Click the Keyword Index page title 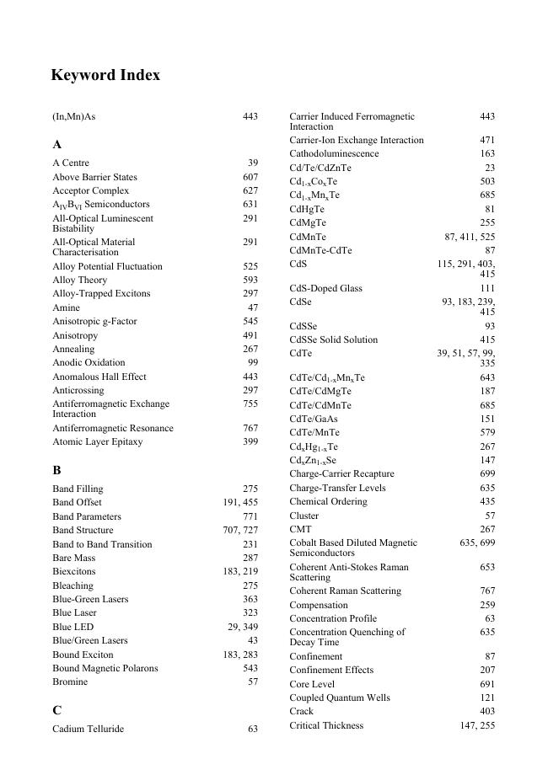(105, 76)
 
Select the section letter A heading (56, 145)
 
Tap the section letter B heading (56, 471)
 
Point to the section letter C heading (56, 711)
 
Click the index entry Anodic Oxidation (89, 363)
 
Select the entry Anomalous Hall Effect (99, 377)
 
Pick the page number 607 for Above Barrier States (250, 177)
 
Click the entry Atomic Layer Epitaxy (98, 441)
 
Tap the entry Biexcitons (74, 571)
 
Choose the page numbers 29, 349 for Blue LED (241, 627)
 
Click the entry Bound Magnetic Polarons (105, 668)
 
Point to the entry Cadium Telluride (88, 729)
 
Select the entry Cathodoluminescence (334, 154)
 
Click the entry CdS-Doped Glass (325, 288)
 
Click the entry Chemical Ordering (328, 501)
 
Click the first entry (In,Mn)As (74, 116)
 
